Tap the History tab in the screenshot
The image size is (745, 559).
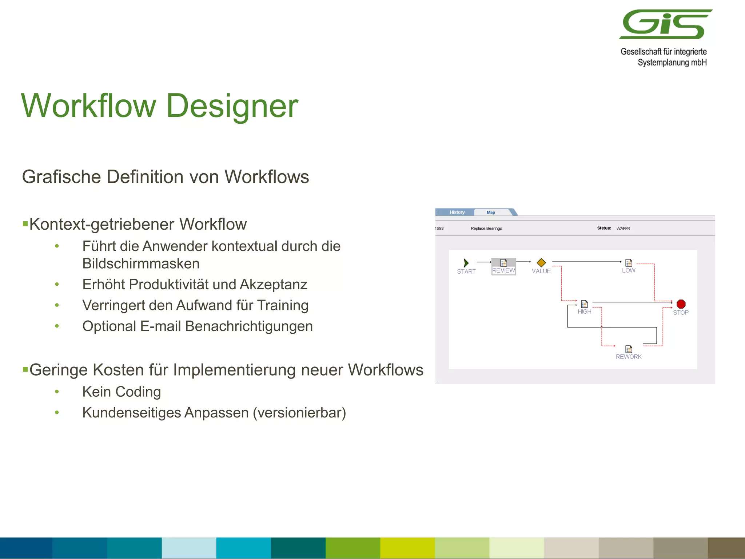click(x=457, y=212)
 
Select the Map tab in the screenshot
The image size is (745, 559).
click(x=491, y=212)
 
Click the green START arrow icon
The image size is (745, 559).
click(x=466, y=263)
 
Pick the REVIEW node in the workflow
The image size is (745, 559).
click(x=503, y=266)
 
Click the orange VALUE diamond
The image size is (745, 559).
click(x=541, y=262)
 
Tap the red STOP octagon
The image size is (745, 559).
click(x=681, y=304)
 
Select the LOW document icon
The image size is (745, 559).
click(x=629, y=263)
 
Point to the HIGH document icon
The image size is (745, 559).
click(x=584, y=304)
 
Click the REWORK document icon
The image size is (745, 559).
click(x=629, y=349)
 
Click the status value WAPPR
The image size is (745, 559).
click(x=623, y=229)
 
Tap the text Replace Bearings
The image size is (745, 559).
click(x=486, y=229)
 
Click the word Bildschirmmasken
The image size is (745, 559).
click(x=141, y=263)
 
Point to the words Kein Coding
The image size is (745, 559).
click(x=121, y=392)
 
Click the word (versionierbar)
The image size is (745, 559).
click(x=299, y=413)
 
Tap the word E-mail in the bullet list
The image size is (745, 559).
click(x=160, y=326)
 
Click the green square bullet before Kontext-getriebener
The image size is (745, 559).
click(x=25, y=223)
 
